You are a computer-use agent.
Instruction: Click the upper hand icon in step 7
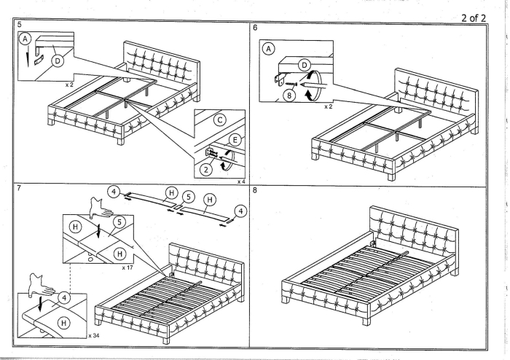pos(96,205)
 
